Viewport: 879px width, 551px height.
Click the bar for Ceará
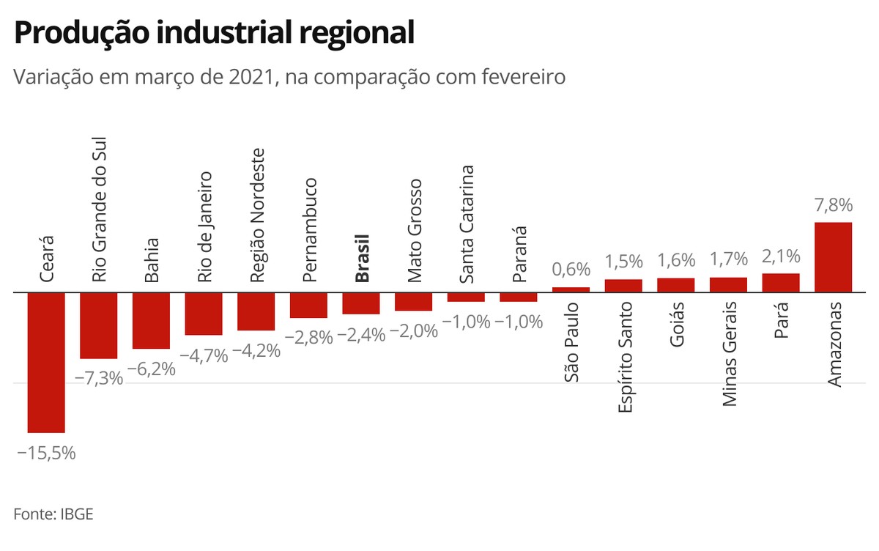[x=46, y=362]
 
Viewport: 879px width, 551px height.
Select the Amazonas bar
[x=833, y=257]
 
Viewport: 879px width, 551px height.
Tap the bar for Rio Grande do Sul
[x=99, y=325]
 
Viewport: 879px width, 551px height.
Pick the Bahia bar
[x=151, y=320]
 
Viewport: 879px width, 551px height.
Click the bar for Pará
[x=781, y=283]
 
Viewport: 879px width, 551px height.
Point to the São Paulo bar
[x=571, y=289]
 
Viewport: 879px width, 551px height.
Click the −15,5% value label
[x=46, y=453]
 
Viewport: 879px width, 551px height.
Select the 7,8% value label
[x=833, y=206]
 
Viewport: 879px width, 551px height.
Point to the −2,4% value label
[x=361, y=335]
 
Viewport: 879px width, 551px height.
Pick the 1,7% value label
[x=728, y=259]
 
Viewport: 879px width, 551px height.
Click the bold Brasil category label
[x=361, y=258]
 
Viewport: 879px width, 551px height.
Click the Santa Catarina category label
[x=466, y=224]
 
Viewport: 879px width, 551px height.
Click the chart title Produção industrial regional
[x=214, y=33]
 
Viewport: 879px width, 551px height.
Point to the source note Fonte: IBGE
[x=53, y=514]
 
